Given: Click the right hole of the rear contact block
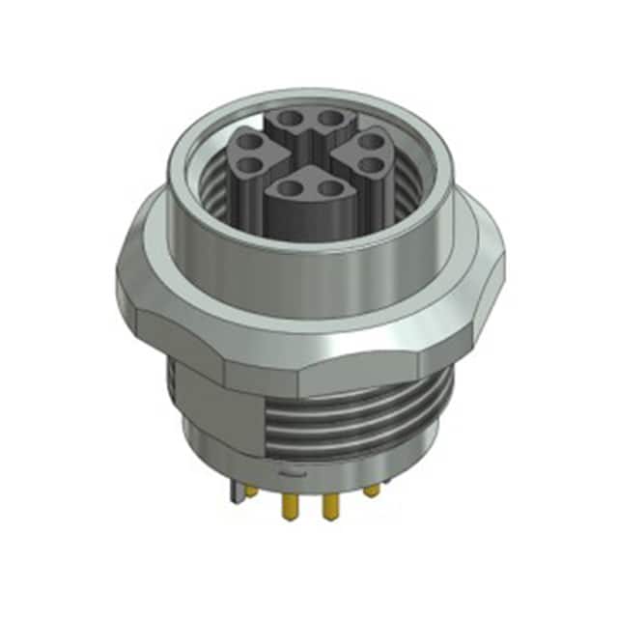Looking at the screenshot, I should (x=330, y=117).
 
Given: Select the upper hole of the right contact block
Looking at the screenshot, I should (x=372, y=142).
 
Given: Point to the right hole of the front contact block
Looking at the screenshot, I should (x=330, y=187).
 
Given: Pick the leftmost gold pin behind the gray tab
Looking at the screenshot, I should (x=253, y=493).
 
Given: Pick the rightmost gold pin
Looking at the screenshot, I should (x=372, y=492).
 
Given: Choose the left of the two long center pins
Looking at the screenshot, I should (x=287, y=507).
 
